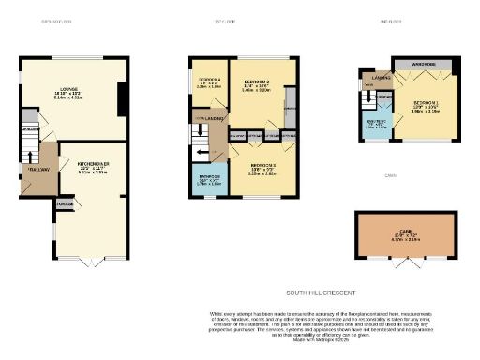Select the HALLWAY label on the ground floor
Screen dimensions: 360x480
pos(38,170)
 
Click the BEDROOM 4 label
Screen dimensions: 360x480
pos(209,81)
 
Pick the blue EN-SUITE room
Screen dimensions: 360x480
pos(376,124)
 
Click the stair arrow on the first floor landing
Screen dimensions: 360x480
pos(200,139)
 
